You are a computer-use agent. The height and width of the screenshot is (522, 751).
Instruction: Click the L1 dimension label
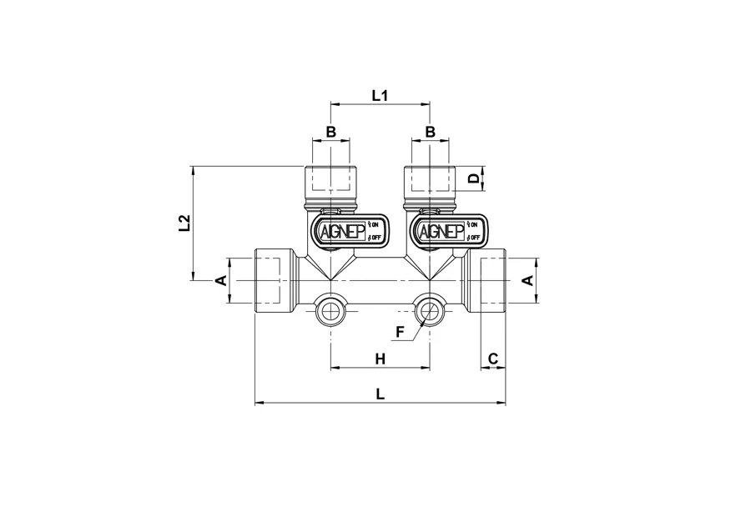point(380,96)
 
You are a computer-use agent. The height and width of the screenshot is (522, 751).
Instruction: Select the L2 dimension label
point(184,223)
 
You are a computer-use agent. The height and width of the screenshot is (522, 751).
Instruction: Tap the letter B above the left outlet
point(331,132)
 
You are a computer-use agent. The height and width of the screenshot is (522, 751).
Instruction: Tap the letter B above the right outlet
point(430,132)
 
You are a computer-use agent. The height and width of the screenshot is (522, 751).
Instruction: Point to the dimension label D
point(474,179)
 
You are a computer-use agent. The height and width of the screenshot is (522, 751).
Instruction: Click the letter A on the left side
point(221,280)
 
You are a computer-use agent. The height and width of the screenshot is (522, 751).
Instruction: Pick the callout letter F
point(401,331)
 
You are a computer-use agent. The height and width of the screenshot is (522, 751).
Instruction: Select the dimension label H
point(380,359)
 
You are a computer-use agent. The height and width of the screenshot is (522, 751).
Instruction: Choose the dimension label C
point(493,359)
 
